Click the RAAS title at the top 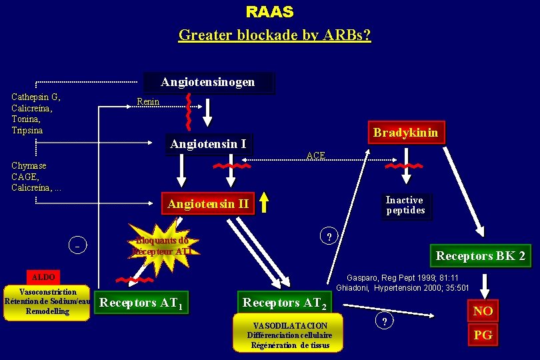(269, 12)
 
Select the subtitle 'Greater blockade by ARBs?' (274, 35)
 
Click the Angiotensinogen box (208, 83)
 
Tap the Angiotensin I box (209, 145)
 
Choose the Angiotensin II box (209, 204)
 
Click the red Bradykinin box (405, 133)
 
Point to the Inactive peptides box (405, 205)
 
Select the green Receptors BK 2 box (480, 256)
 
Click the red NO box (483, 311)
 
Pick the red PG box (483, 335)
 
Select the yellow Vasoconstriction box (47, 302)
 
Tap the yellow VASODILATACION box (287, 333)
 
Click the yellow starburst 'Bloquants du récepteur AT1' (162, 245)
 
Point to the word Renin (147, 102)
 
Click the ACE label (315, 156)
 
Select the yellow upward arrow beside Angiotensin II (265, 202)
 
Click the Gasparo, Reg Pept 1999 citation (402, 283)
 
